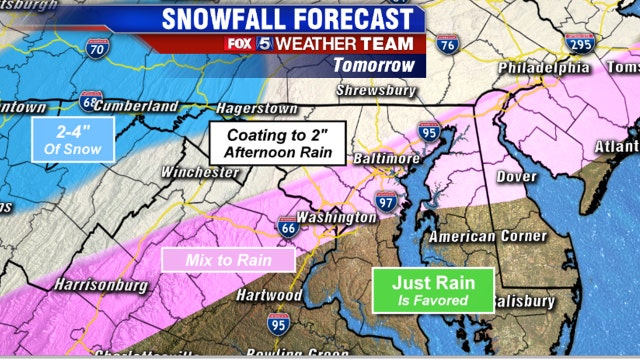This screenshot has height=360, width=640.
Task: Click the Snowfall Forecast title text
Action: [x=286, y=19]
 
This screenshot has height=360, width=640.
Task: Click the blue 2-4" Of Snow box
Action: [x=73, y=139]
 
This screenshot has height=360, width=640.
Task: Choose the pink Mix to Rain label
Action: [x=229, y=260]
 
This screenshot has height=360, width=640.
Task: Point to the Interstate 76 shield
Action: [x=448, y=45]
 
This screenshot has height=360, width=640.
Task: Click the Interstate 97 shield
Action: [x=387, y=202]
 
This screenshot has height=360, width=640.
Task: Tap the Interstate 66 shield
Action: [x=287, y=229]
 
